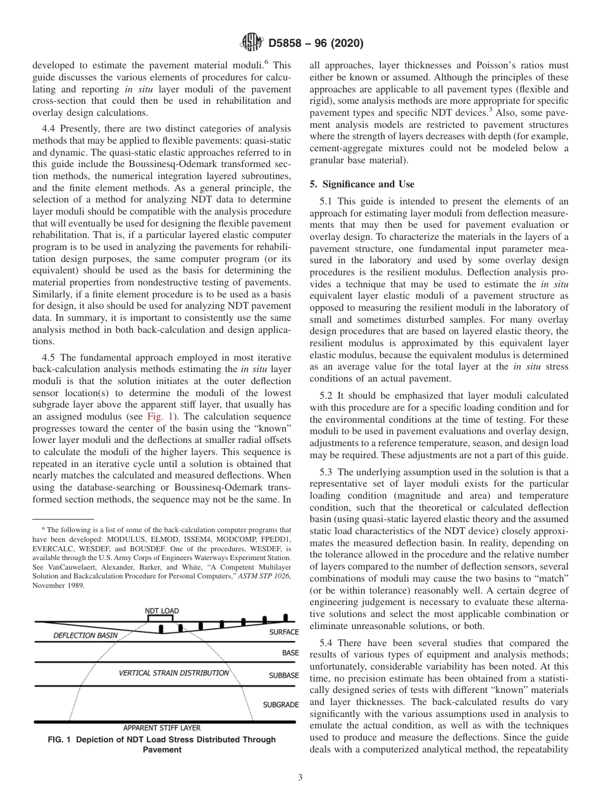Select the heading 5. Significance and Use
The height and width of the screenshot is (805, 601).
362,184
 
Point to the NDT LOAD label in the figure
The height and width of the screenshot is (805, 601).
162,611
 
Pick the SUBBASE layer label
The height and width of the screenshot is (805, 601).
283,675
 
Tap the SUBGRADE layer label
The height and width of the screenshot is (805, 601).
281,704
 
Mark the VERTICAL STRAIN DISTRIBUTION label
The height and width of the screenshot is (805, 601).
174,673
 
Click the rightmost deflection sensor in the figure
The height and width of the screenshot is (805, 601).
285,617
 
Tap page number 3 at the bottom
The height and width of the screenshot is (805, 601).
300,778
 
